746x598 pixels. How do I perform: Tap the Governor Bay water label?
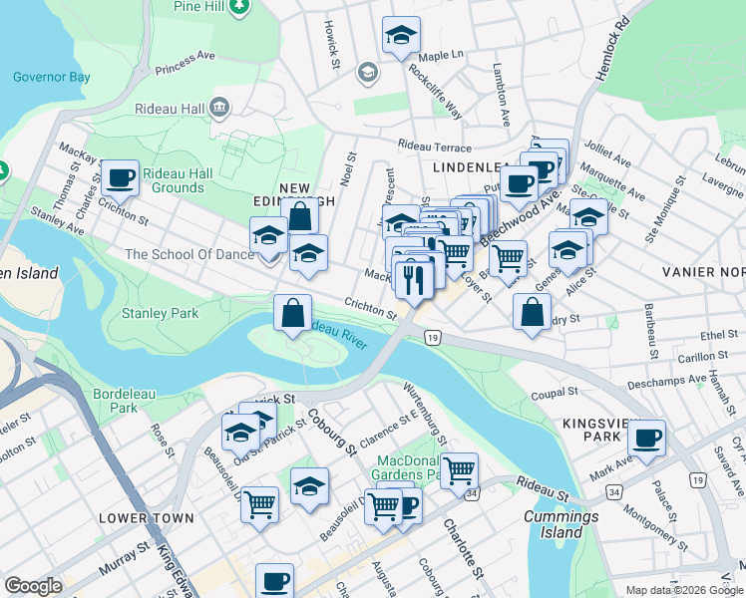click(x=52, y=77)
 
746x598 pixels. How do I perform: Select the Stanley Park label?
click(x=160, y=313)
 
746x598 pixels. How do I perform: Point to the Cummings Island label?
click(x=562, y=524)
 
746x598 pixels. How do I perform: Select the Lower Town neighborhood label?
click(x=138, y=519)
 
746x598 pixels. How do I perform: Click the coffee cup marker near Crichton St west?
click(x=120, y=178)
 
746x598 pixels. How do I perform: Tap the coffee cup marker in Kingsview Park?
click(x=647, y=438)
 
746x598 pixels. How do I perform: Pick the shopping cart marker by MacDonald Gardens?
click(x=459, y=470)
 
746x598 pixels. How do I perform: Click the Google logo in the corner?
click(x=33, y=586)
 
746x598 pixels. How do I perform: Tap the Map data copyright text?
click(x=683, y=590)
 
